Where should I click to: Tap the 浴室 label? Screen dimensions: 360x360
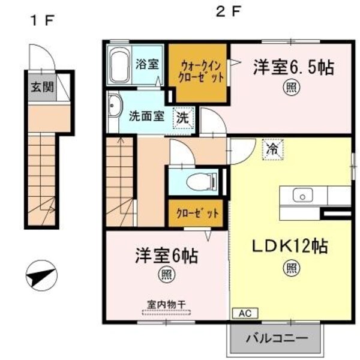coord(148,64)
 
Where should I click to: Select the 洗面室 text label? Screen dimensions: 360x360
coord(146,116)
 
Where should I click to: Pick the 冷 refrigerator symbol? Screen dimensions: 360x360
coord(272,147)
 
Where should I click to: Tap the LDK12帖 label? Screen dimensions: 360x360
coord(289,246)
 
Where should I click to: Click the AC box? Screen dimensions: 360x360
coord(245,313)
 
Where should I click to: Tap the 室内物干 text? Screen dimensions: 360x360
coord(166,303)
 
